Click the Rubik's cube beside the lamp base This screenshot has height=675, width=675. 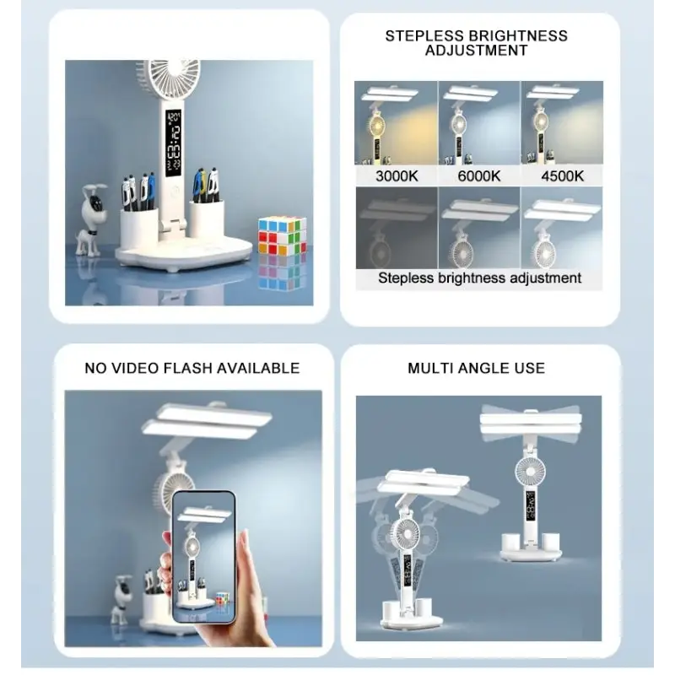282,236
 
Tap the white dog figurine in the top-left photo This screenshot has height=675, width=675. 90,219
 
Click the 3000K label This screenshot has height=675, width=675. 397,176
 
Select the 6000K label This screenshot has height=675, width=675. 478,176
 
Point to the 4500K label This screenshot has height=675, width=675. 562,176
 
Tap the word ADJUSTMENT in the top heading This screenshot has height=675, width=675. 476,51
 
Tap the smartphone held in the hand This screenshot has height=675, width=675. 204,557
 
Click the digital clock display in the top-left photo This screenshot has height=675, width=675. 174,140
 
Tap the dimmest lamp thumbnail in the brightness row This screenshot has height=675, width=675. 397,228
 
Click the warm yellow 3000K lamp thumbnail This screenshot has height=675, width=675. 396,122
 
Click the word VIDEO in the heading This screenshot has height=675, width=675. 133,368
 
